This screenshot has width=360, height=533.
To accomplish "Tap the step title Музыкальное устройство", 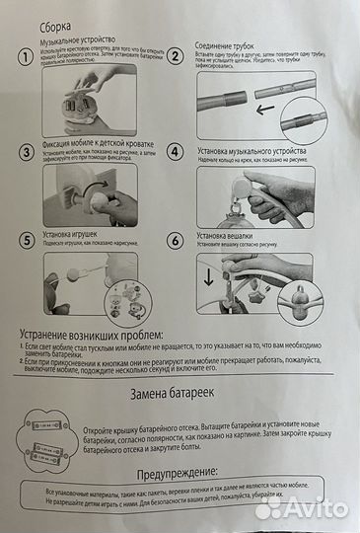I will [80, 44].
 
